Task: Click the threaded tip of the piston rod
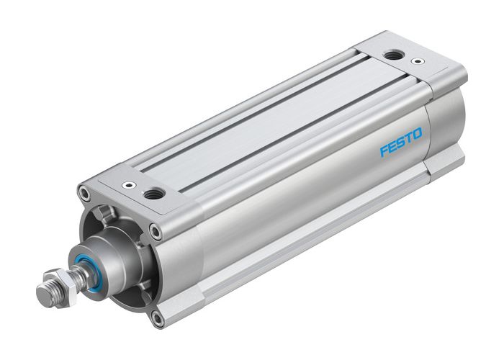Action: pyautogui.click(x=45, y=293)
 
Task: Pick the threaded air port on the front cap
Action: pyautogui.click(x=153, y=194)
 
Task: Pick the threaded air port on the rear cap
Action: pyautogui.click(x=393, y=56)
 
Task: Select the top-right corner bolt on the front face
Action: pyautogui.click(x=156, y=231)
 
